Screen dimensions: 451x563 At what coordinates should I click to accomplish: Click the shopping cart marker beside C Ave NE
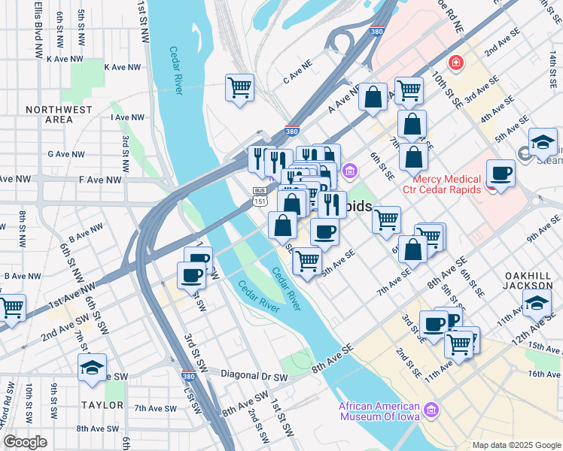click(239, 88)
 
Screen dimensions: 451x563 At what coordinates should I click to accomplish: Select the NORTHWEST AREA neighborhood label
click(59, 114)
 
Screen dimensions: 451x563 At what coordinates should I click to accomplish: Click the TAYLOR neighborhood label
click(102, 405)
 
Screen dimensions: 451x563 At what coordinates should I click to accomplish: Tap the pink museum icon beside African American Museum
click(431, 410)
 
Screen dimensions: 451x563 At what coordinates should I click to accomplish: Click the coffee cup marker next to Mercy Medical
click(501, 174)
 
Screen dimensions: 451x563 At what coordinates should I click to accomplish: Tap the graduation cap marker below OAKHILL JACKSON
click(536, 303)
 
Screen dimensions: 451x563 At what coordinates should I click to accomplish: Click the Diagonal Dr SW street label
click(254, 374)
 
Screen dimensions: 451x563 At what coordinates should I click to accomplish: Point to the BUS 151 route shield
click(259, 196)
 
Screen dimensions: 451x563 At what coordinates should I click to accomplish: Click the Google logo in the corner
click(25, 442)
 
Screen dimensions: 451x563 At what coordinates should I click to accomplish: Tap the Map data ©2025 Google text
click(516, 445)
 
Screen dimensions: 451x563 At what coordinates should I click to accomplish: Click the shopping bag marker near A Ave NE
click(373, 98)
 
